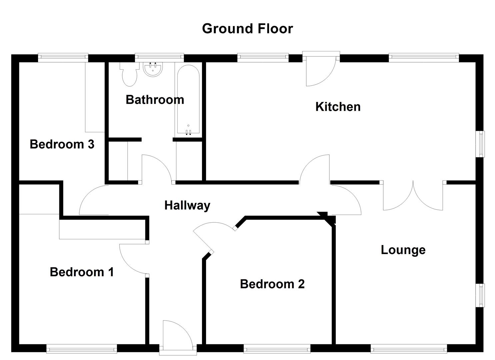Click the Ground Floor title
tap(247, 29)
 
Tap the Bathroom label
tap(155, 100)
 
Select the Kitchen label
tap(338, 107)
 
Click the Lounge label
tap(403, 250)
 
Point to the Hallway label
tap(187, 205)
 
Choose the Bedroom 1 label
tap(82, 272)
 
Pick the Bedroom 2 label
tap(272, 284)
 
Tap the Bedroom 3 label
tap(62, 144)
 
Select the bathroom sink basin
tap(153, 69)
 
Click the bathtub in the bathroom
tap(188, 100)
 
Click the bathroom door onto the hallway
tap(157, 168)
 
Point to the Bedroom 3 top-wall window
tap(63, 58)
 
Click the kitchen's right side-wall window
tap(481, 144)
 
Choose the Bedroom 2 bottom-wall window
tap(277, 349)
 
